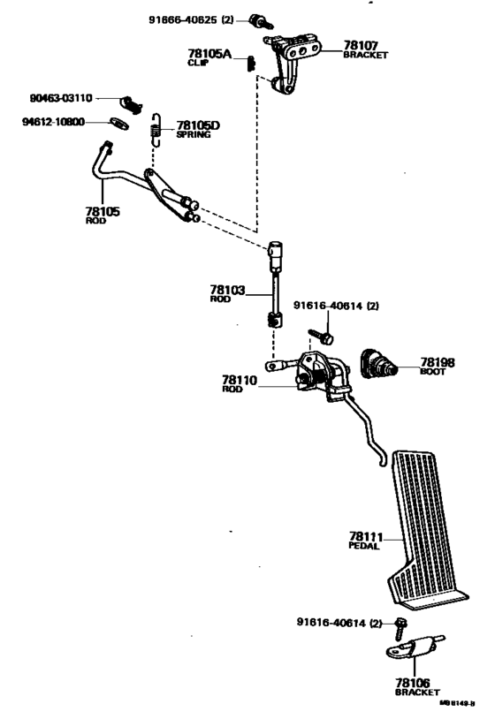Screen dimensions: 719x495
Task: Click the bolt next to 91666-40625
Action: tap(258, 19)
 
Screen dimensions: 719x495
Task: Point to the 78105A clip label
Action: tap(209, 55)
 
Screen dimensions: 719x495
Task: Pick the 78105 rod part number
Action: tap(103, 212)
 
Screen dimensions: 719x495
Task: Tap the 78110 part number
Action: tap(239, 380)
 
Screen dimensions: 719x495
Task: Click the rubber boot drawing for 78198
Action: tap(378, 364)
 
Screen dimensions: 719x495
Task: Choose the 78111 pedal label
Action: tap(365, 536)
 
